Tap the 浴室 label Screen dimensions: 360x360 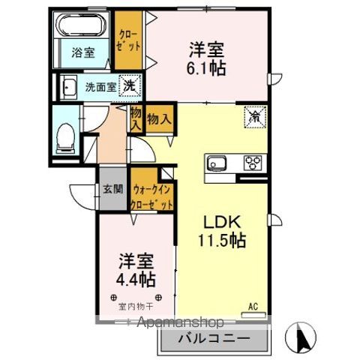pyautogui.click(x=82, y=53)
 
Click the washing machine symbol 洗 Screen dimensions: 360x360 pyautogui.click(x=130, y=85)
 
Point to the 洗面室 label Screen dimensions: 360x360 pyautogui.click(x=100, y=86)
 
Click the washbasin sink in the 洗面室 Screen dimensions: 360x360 pyautogui.click(x=68, y=87)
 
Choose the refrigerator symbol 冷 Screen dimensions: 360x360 pyautogui.click(x=255, y=116)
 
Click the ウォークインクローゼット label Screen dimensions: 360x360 pyautogui.click(x=152, y=197)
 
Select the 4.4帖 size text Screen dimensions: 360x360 pyautogui.click(x=136, y=280)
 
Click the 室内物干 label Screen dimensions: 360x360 pyautogui.click(x=136, y=306)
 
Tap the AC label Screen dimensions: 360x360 pyautogui.click(x=253, y=305)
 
